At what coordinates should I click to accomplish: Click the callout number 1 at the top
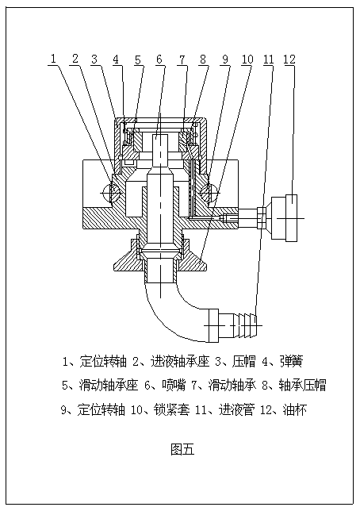click(x=53, y=60)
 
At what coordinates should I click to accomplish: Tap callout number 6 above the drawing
click(x=159, y=60)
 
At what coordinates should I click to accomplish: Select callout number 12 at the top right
click(x=289, y=60)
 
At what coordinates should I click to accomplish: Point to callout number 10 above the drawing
click(x=247, y=60)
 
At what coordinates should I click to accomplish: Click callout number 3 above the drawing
click(x=94, y=60)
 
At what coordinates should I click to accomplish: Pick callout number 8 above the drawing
click(x=203, y=60)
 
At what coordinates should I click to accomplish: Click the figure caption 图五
click(x=182, y=449)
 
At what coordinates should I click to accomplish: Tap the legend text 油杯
click(x=294, y=410)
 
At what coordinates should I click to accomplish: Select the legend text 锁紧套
click(x=171, y=410)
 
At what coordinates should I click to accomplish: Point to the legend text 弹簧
click(x=291, y=361)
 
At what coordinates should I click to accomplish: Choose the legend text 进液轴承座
click(x=180, y=361)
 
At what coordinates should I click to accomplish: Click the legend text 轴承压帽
click(x=303, y=385)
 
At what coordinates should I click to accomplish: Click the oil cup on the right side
click(x=284, y=218)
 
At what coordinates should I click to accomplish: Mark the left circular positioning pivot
click(x=111, y=193)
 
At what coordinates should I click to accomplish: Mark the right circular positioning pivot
click(x=209, y=193)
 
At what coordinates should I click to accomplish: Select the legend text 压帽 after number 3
click(x=244, y=361)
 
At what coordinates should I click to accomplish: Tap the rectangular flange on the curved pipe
click(x=214, y=325)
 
